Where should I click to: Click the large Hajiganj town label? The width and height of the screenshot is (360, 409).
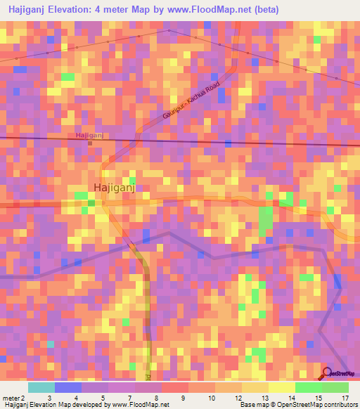(x=114, y=187)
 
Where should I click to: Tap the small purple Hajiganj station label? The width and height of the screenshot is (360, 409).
(x=89, y=135)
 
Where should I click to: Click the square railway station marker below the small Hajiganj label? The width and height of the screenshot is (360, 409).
(x=90, y=143)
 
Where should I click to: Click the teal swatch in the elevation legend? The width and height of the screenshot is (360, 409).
(x=41, y=387)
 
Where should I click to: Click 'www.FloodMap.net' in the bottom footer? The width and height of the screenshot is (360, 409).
(x=136, y=405)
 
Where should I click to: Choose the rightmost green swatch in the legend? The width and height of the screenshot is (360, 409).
(x=335, y=387)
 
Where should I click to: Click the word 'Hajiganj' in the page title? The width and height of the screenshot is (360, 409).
(x=30, y=10)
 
